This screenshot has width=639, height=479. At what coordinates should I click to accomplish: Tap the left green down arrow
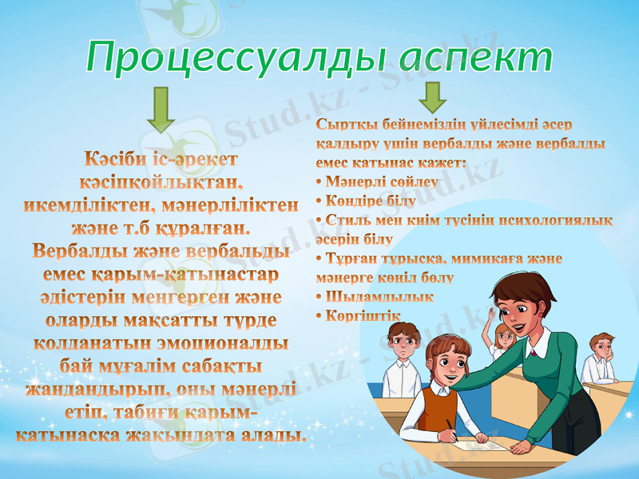(x=161, y=109)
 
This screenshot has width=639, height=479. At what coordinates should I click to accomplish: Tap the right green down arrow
(x=433, y=97)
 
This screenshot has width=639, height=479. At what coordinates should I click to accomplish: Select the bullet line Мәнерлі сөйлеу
(x=380, y=181)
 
